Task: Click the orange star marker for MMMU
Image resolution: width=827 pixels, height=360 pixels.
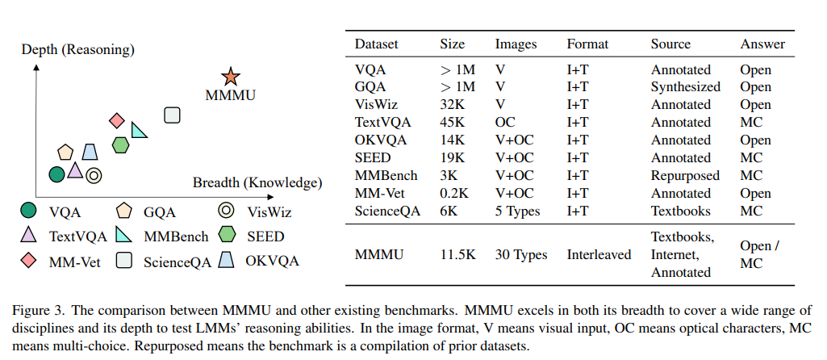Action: coord(231,77)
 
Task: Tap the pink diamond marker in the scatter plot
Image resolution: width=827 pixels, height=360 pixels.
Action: coord(117,121)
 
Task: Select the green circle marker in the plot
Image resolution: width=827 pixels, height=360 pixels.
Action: coord(56,174)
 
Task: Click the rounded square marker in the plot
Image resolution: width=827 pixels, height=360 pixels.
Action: coord(171,115)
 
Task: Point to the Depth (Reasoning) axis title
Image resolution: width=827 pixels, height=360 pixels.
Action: coord(77,50)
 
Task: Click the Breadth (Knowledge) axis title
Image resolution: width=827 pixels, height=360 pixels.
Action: coord(257,182)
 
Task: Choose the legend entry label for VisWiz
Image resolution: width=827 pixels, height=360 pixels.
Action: coord(269,212)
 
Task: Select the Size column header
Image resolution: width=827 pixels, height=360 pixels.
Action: coord(453,44)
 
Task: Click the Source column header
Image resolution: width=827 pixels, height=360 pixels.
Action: coord(671,44)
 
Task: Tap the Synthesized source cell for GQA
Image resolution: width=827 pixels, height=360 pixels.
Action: coord(686,86)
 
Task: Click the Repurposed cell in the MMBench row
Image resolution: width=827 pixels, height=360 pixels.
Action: coord(685,175)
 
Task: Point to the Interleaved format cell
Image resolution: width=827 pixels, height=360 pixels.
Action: coord(599,254)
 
